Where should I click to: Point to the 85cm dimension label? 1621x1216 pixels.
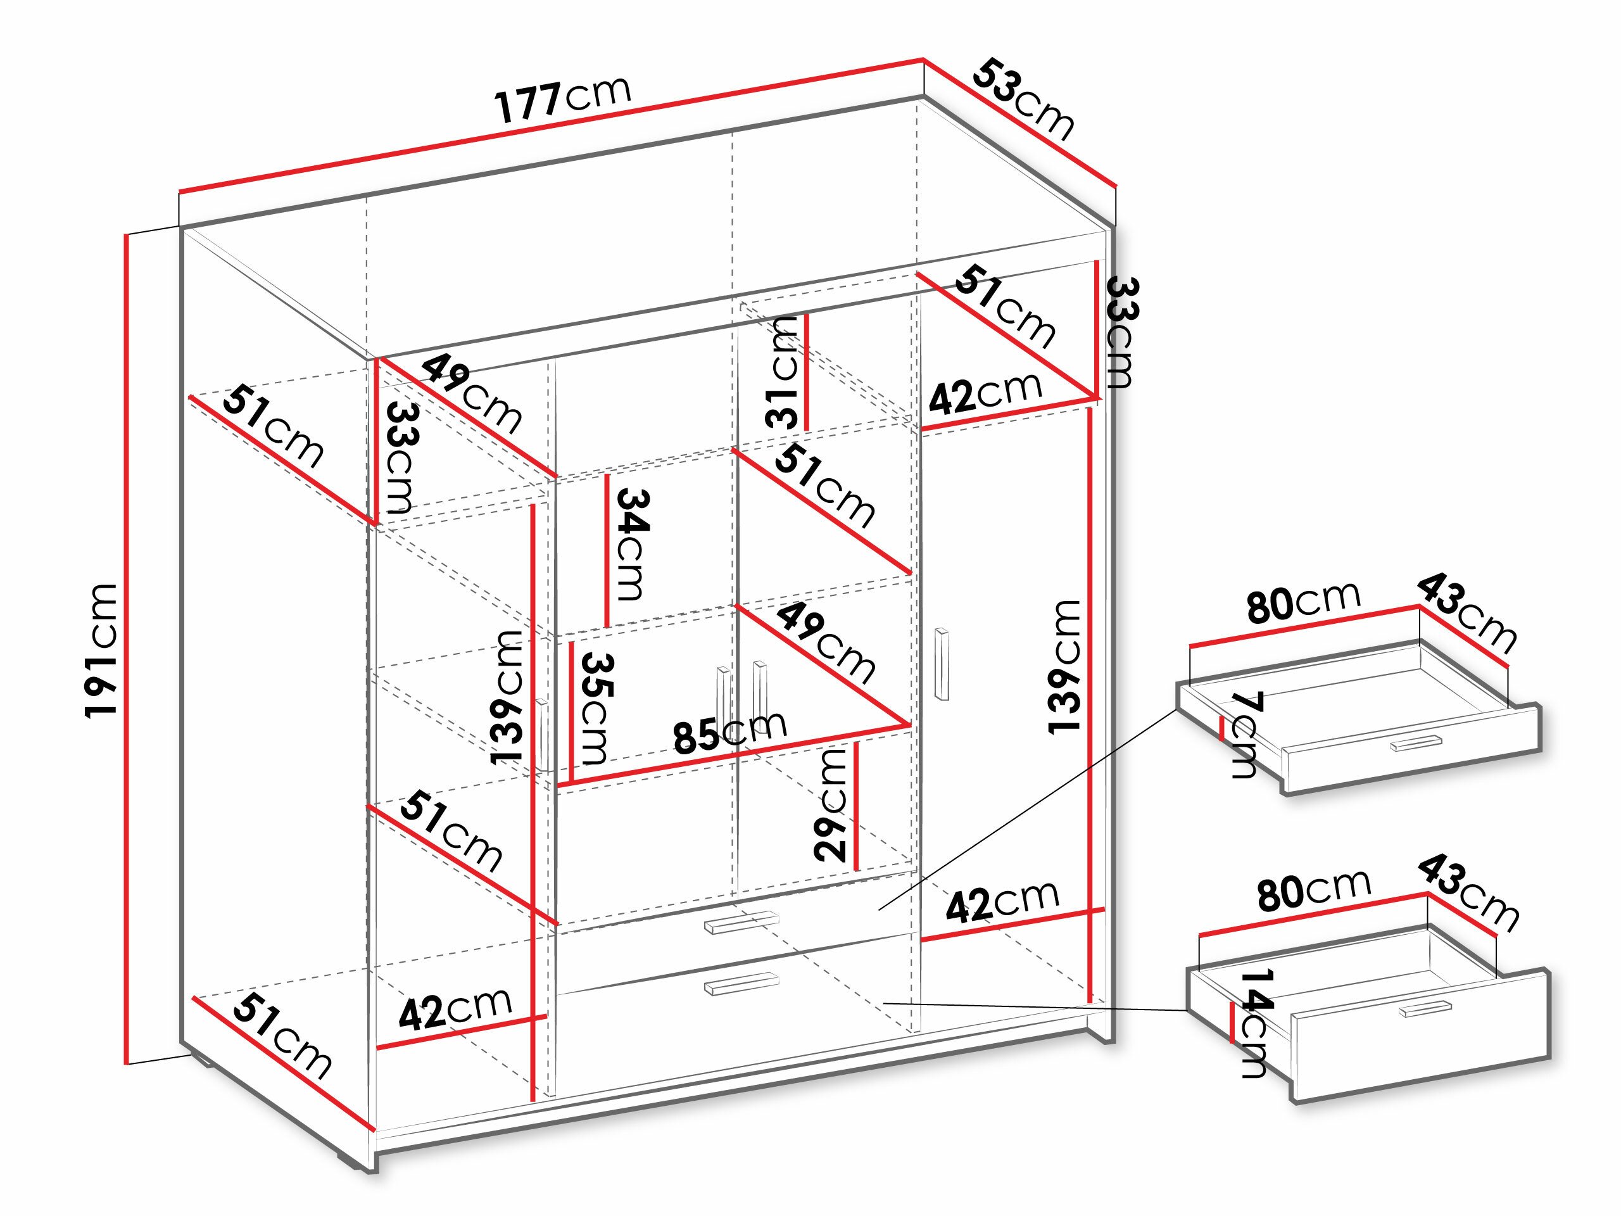(x=730, y=732)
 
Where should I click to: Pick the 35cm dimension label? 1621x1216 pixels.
(x=595, y=707)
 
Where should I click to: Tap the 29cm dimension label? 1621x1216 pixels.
(x=831, y=804)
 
